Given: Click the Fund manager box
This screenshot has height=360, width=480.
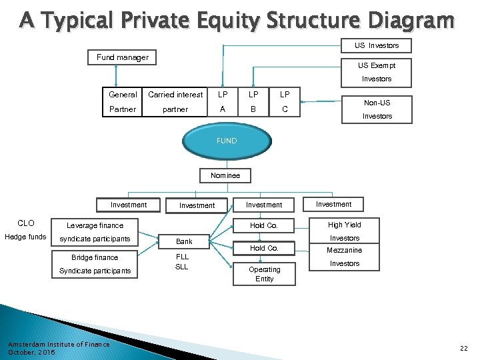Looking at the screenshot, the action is (123, 57).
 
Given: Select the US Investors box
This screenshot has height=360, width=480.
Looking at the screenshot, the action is (377, 45).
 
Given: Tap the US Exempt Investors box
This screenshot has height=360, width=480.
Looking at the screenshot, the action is (377, 72).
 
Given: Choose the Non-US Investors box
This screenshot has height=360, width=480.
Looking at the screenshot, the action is (377, 109).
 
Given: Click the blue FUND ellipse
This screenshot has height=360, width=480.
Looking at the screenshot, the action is (226, 141).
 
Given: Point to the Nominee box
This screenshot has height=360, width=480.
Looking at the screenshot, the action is (226, 175).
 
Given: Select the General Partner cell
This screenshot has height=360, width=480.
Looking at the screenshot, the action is (123, 102).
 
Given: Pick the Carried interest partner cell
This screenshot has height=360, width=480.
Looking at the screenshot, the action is (175, 102).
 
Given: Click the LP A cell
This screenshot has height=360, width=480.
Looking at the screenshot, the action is (222, 102).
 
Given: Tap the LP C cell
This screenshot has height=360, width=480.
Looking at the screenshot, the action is (284, 102).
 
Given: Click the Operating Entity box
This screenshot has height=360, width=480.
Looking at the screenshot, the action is (265, 274).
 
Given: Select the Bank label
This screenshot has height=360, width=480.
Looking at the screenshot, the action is (184, 241).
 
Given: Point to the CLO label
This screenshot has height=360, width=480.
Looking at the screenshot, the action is (26, 223).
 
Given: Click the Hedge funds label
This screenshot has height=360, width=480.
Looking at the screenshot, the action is (25, 237).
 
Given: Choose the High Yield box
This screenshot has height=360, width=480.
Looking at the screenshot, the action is (344, 225).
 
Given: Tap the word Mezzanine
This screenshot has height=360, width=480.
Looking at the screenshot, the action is (344, 250).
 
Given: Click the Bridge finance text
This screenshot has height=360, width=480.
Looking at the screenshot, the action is (95, 257).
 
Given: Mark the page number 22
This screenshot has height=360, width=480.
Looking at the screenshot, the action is (464, 348).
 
